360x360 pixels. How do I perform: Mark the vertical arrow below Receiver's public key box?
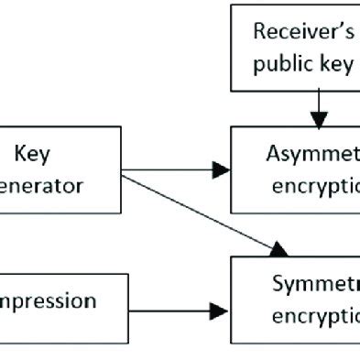coord(319,108)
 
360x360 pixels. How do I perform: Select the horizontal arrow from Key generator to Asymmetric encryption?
coord(174,169)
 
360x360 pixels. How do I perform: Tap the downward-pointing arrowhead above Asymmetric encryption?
coord(319,119)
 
